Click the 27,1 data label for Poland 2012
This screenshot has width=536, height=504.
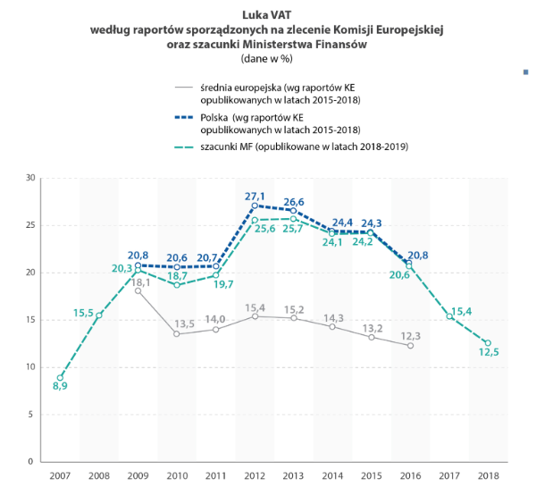(x=255, y=195)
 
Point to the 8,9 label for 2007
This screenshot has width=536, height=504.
(x=59, y=387)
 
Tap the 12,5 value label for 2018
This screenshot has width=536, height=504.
(x=488, y=354)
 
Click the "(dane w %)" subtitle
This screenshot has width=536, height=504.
(x=267, y=59)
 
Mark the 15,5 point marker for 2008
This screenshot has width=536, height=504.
(x=99, y=315)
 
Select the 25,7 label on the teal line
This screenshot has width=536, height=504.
(x=294, y=230)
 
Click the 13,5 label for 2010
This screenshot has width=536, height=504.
(x=185, y=323)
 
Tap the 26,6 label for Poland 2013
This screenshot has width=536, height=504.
(x=294, y=201)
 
